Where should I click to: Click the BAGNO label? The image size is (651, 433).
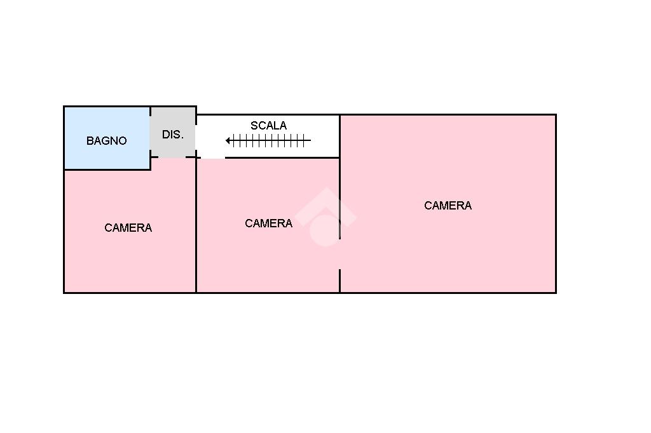coord(106,141)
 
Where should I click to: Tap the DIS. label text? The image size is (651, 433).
coord(173,135)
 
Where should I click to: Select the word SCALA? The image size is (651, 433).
coord(268,126)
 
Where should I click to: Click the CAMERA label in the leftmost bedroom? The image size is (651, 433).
coord(128,228)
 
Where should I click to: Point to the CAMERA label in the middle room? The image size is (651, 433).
coord(268,223)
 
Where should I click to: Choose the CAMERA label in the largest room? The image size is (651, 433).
coord(448,206)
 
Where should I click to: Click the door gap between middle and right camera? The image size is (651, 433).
coord(339,255)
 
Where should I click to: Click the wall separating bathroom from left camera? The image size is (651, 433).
coord(107,170)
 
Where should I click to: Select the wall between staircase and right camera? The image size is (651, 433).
coord(339,137)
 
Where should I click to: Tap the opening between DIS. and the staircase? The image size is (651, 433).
coord(196,137)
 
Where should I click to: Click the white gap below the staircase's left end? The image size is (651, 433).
coord(213,157)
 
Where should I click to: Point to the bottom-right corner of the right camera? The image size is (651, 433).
coord(556,292)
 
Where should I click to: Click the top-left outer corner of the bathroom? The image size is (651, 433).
coord(64,107)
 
